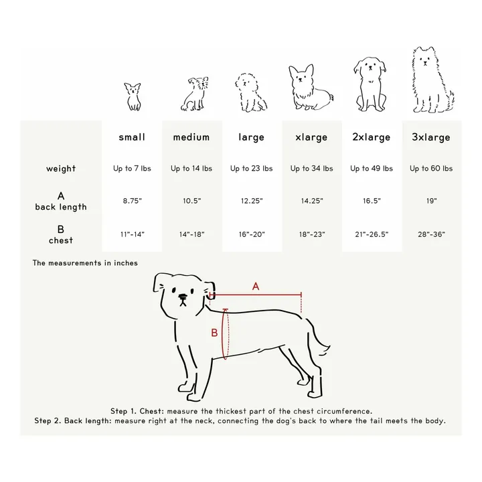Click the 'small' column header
pyautogui.click(x=132, y=137)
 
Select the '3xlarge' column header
pyautogui.click(x=431, y=137)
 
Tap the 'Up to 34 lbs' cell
pyautogui.click(x=312, y=169)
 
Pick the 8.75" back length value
pyautogui.click(x=132, y=201)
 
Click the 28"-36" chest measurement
pyautogui.click(x=431, y=234)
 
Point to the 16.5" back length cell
pyautogui.click(x=372, y=201)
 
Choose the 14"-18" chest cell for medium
pyautogui.click(x=192, y=234)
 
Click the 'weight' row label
pyautogui.click(x=61, y=169)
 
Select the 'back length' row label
pyautogui.click(x=61, y=207)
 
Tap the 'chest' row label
pyautogui.click(x=61, y=240)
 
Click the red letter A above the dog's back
pyautogui.click(x=256, y=287)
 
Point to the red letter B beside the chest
pyautogui.click(x=215, y=333)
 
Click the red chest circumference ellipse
pyautogui.click(x=222, y=333)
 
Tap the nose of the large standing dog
pyautogui.click(x=183, y=297)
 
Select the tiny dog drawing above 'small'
pyautogui.click(x=133, y=96)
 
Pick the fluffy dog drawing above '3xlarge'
pyautogui.click(x=432, y=79)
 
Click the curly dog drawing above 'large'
pyautogui.click(x=250, y=92)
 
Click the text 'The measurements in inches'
pyautogui.click(x=85, y=263)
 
